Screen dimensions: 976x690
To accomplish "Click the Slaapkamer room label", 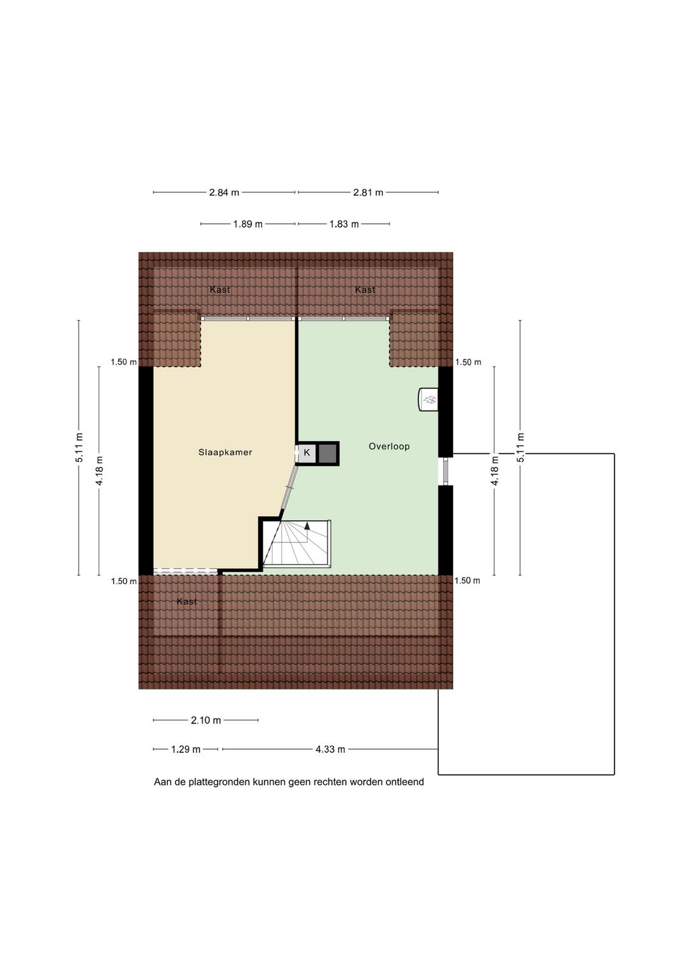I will [x=225, y=452].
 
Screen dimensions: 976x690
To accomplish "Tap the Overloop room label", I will [x=388, y=446].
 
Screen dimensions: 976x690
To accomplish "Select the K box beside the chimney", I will [x=307, y=453].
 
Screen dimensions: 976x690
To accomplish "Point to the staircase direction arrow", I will [x=307, y=526].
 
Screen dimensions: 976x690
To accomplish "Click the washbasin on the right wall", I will [x=428, y=400].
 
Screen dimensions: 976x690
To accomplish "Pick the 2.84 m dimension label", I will [x=224, y=193].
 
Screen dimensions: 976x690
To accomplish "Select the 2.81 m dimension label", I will [x=368, y=193].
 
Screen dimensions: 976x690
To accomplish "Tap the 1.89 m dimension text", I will [x=248, y=224].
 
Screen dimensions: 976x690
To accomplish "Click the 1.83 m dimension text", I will [x=344, y=224].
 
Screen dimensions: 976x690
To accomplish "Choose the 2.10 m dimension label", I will [x=206, y=720].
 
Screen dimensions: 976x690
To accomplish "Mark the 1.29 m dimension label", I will [x=186, y=749].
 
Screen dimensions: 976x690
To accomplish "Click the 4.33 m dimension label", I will [x=330, y=749].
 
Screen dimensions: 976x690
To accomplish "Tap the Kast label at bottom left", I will [x=187, y=602].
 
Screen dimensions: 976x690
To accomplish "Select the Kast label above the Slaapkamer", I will [x=220, y=290].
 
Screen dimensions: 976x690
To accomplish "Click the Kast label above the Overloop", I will [x=365, y=290].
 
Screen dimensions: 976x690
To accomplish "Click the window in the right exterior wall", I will [x=445, y=471].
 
